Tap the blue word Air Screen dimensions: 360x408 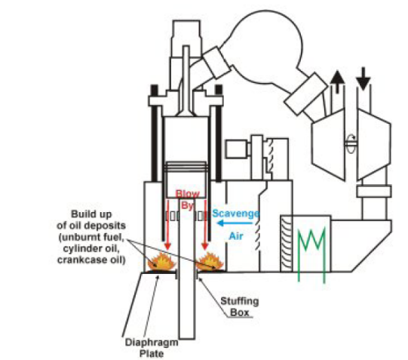pos(236,235)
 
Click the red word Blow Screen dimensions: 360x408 pos(187,194)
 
